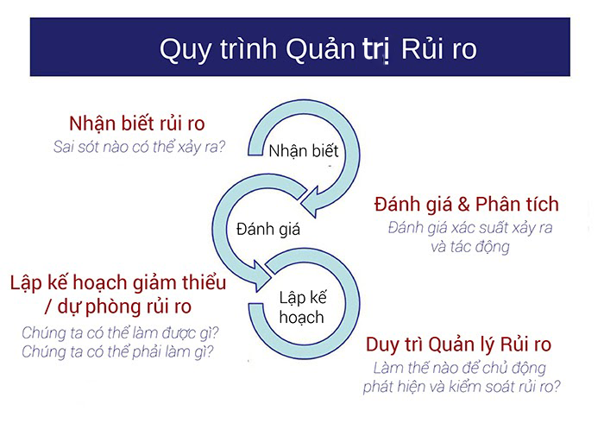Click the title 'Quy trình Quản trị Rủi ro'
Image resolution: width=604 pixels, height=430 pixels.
(318, 48)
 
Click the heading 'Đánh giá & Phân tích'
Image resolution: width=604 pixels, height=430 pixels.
(467, 205)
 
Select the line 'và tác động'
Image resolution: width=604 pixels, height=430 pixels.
(469, 247)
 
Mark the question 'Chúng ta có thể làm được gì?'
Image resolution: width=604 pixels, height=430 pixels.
(118, 332)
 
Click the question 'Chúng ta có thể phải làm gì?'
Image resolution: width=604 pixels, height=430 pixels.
(118, 351)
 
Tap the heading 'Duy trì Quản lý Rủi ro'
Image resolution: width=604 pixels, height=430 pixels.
(458, 345)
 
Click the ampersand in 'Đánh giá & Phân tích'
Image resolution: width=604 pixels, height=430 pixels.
(459, 205)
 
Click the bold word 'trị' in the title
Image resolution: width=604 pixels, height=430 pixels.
(375, 49)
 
